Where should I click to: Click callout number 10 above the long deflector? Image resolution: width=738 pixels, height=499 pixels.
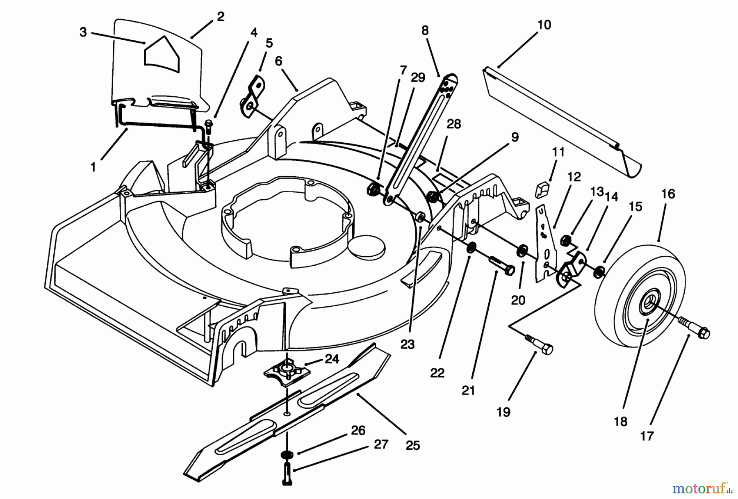544,25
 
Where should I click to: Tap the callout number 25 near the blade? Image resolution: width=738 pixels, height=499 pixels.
413,445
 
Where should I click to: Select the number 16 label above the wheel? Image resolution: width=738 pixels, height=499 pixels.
668,194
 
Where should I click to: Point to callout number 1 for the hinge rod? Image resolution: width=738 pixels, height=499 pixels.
94,167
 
